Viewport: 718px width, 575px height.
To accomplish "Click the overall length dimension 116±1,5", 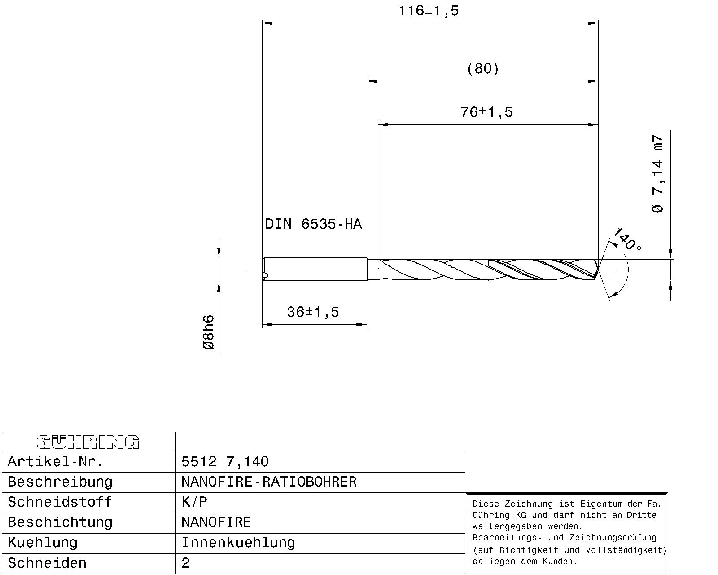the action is coord(429,11).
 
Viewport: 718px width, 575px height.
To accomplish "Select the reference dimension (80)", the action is coord(483,68).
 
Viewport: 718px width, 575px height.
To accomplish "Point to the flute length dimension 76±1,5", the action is coord(486,112).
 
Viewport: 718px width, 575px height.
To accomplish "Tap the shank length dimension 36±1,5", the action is coord(313,312).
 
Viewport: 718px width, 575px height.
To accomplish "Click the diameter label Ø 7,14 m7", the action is coord(657,174).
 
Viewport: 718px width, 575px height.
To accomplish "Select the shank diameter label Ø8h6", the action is coord(209,332).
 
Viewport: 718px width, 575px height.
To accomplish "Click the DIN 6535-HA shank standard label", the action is coord(313,224).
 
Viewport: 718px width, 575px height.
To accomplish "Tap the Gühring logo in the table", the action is coord(88,442).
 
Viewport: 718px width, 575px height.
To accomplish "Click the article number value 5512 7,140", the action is coord(225,462).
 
